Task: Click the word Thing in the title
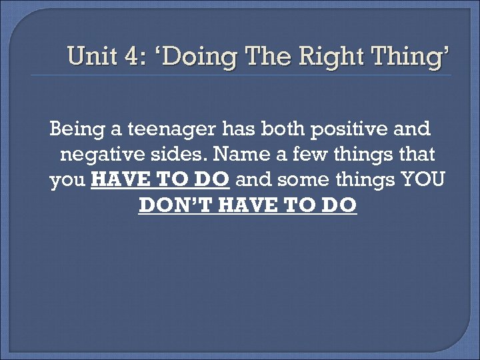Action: (407, 58)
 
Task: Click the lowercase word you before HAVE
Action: (67, 181)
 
